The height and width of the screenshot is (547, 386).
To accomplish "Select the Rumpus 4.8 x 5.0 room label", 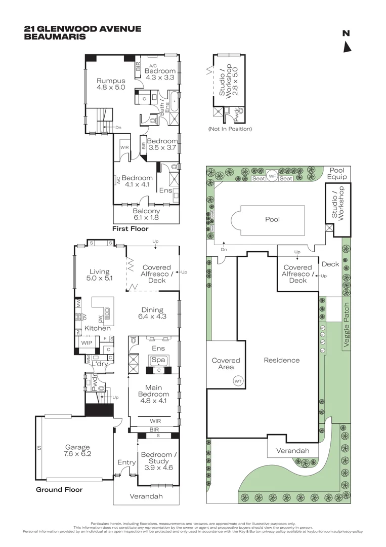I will click(111, 84).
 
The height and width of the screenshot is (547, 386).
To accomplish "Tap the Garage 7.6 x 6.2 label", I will click(77, 451).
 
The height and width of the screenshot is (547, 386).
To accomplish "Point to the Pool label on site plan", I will click(272, 219).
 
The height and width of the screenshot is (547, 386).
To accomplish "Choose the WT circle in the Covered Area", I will click(237, 380).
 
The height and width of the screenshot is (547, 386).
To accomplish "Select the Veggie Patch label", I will click(347, 325).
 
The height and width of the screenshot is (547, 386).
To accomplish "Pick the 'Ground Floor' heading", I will click(59, 490).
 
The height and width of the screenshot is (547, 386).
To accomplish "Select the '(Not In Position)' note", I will click(230, 129).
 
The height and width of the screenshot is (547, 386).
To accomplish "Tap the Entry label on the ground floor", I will click(126, 462).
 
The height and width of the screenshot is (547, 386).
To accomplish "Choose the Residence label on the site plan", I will click(281, 360).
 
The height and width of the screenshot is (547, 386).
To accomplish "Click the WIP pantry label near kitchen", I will click(86, 342).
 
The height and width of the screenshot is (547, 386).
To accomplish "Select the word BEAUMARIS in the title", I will click(55, 36).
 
